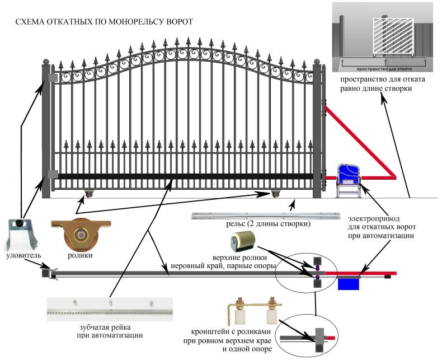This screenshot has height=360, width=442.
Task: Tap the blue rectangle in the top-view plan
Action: pyautogui.click(x=348, y=283)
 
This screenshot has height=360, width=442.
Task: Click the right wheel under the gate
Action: pyautogui.click(x=275, y=194)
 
